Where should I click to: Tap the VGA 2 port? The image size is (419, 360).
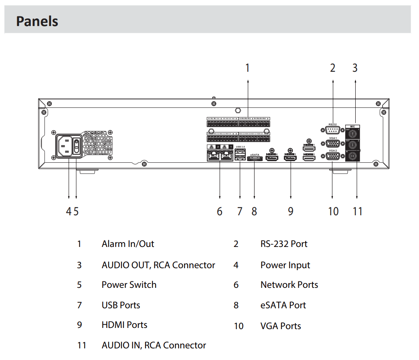[332, 156]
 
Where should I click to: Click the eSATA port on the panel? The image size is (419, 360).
[255, 159]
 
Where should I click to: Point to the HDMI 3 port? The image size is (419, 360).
[290, 158]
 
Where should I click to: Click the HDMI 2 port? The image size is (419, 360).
[309, 158]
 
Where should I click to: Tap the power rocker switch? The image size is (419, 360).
[76, 147]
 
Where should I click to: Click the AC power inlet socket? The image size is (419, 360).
[65, 147]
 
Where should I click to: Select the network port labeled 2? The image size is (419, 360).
[212, 156]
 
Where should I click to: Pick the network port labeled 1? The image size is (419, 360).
[227, 156]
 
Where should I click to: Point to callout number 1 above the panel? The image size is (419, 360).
[247, 68]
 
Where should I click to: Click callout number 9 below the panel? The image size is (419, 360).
[291, 211]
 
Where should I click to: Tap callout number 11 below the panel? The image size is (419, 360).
[357, 211]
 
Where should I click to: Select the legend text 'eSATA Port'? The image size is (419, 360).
[283, 305]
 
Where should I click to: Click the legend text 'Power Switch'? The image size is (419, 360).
[129, 285]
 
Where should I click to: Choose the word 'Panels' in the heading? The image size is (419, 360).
[37, 21]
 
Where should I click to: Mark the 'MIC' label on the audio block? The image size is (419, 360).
[352, 126]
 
